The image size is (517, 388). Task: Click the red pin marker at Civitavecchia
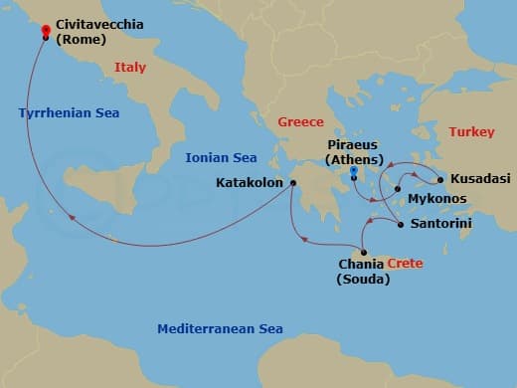click(46, 31)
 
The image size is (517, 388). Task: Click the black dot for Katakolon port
click(293, 183)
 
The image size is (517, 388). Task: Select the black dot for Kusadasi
click(440, 180)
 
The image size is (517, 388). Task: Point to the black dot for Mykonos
click(398, 188)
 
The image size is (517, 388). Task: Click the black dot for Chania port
click(364, 253)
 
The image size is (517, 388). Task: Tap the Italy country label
click(131, 67)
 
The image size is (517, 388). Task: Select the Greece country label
click(300, 121)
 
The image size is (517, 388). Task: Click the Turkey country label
click(470, 131)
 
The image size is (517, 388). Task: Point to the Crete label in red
click(405, 265)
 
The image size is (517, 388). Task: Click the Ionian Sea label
click(221, 158)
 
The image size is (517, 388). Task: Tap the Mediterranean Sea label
click(220, 329)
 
